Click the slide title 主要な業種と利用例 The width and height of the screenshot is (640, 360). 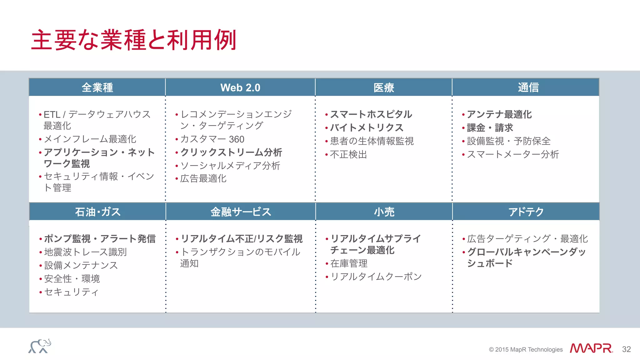[x=134, y=40]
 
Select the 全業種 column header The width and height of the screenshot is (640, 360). [x=97, y=87]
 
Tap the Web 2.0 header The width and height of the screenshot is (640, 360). [x=240, y=87]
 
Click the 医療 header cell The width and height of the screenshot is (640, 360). [x=384, y=87]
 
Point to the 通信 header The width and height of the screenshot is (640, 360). [x=528, y=87]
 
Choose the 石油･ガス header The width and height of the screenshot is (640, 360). [x=97, y=212]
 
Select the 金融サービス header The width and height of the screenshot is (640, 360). [x=241, y=212]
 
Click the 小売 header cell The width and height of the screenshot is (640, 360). [x=384, y=212]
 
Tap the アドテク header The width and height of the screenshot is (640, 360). [x=526, y=212]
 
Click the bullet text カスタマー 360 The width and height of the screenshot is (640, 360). [x=212, y=139]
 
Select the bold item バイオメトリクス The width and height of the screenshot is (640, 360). [x=367, y=127]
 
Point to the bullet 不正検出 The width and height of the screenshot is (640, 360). [x=348, y=154]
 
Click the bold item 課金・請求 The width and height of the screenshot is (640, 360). [x=490, y=127]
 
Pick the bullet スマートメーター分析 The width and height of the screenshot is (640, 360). [x=513, y=154]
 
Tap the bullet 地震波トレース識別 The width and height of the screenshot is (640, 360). [x=85, y=252]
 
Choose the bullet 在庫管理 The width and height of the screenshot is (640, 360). [x=349, y=263]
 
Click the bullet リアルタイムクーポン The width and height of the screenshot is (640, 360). [x=376, y=277]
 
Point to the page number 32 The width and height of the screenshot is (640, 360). [x=626, y=349]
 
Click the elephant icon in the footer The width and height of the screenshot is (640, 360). [x=40, y=346]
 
